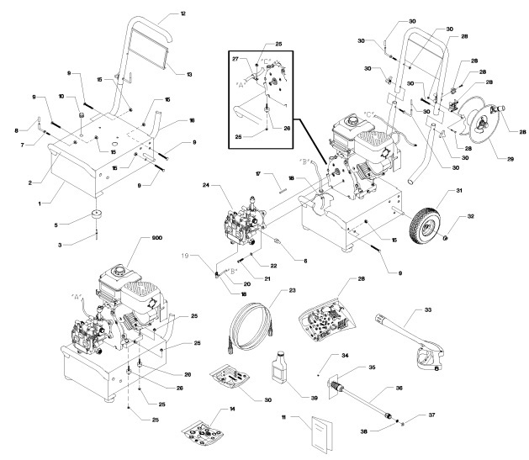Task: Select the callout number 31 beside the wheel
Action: (458, 193)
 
